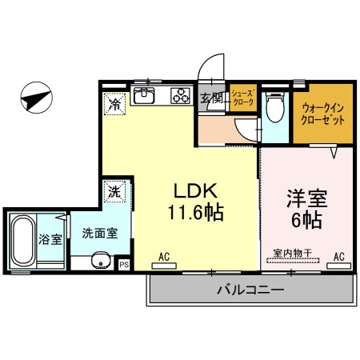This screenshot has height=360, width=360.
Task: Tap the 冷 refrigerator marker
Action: [115, 103]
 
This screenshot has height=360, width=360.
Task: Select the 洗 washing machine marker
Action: [114, 192]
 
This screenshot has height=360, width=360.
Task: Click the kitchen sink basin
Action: [145, 98]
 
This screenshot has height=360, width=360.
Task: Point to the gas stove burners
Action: [178, 98]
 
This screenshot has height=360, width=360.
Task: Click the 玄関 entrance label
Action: [211, 99]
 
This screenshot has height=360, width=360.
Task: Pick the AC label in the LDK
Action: [164, 258]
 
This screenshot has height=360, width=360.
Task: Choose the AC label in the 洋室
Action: [338, 257]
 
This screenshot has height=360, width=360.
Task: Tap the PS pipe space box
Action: [124, 264]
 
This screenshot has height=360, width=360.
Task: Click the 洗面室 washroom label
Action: [100, 233]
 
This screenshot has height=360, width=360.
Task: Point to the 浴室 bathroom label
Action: [50, 238]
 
